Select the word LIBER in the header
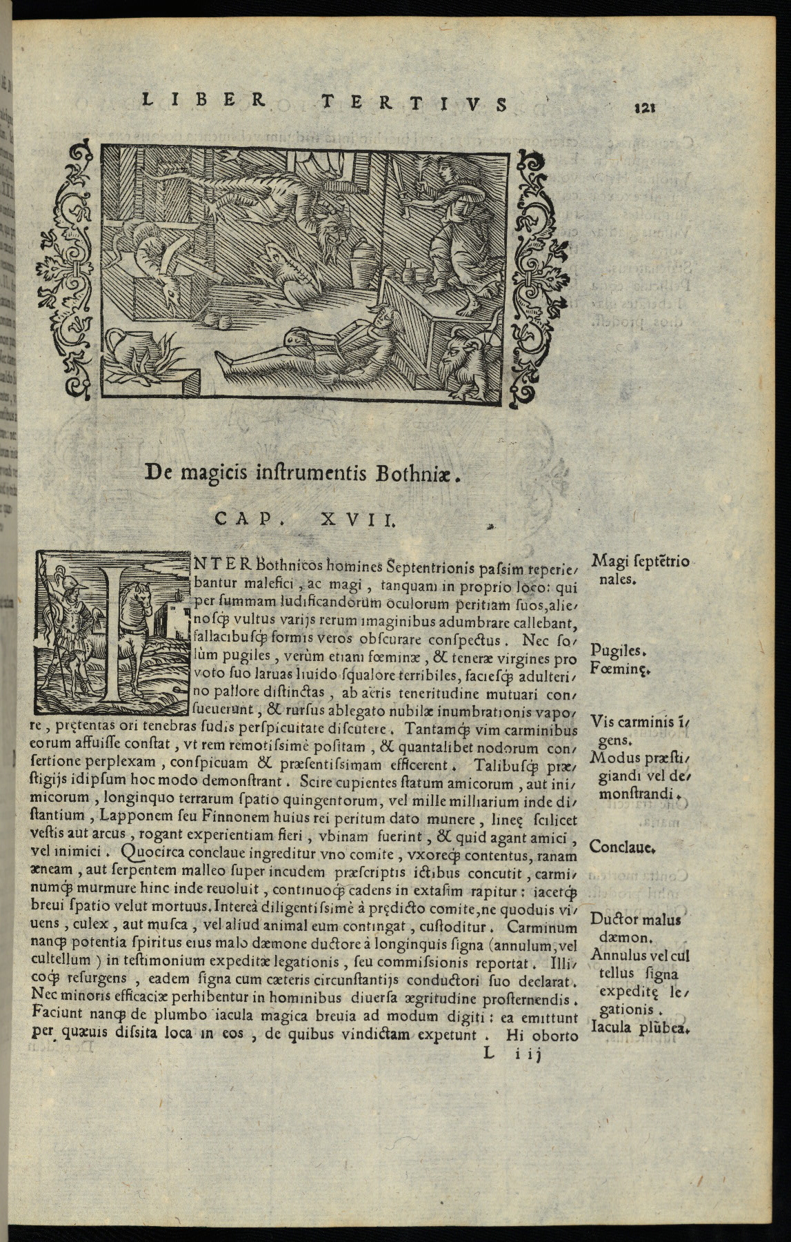tap(203, 100)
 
